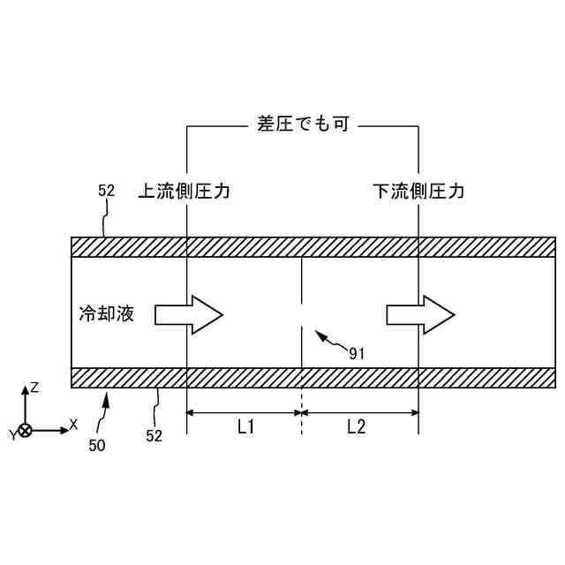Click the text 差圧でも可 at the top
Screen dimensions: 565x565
pos(303,125)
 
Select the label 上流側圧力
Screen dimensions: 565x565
pos(184,191)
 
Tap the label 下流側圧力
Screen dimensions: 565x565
pos(418,191)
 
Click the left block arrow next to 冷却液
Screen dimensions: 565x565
pos(189,313)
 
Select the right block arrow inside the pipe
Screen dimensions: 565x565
pos(419,313)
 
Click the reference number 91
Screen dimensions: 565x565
pos(357,353)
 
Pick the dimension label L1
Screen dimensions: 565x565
pos(245,427)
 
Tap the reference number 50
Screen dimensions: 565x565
pos(96,446)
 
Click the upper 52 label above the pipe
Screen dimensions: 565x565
pos(106,190)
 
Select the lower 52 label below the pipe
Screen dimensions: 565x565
pos(155,436)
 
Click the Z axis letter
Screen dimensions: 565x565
pos(34,388)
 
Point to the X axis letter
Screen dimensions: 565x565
pos(73,424)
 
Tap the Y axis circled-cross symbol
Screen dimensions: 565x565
pos(26,430)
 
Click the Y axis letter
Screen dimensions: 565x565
pos(12,435)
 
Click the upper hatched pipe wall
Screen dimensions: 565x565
pos(313,246)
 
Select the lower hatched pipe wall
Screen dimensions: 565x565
pos(313,378)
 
